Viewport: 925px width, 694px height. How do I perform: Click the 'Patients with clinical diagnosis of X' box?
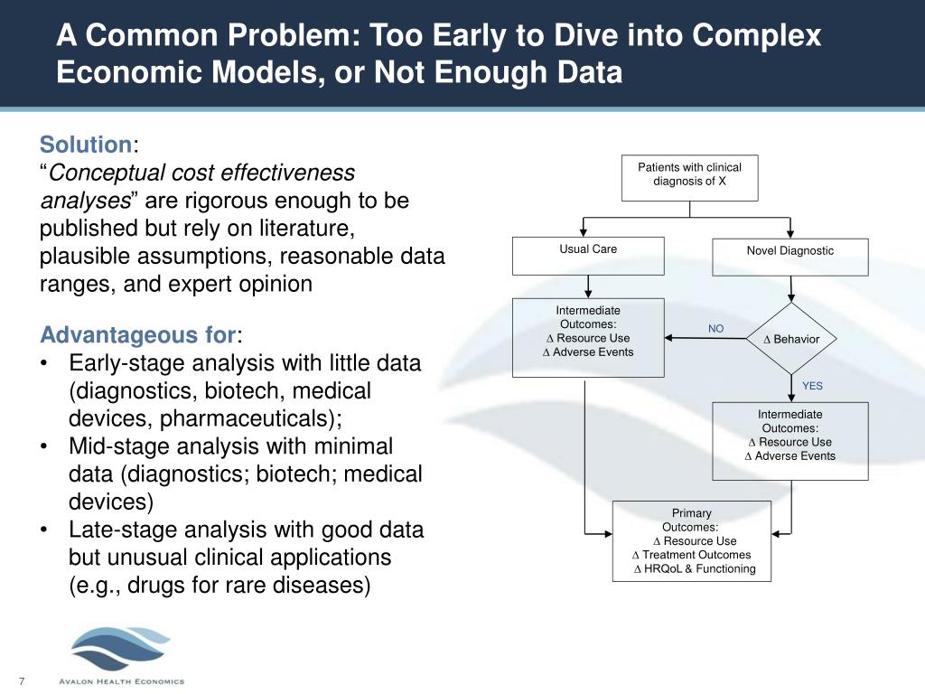point(689,177)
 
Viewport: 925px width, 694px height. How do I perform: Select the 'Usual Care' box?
point(588,256)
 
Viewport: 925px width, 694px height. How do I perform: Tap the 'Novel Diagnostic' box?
point(790,257)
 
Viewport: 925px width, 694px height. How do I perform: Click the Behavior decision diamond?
point(791,339)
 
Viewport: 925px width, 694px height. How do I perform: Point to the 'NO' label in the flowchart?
point(715,329)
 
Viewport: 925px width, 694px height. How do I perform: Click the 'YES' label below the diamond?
point(812,386)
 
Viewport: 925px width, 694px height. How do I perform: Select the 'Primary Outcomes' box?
point(691,540)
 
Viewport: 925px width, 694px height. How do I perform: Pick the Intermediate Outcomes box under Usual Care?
point(588,337)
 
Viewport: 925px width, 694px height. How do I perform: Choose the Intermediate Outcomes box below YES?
point(790,441)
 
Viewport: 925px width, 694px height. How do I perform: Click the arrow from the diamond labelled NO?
point(706,339)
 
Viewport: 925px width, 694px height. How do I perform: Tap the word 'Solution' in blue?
point(86,145)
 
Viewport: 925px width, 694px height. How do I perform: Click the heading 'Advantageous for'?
point(138,336)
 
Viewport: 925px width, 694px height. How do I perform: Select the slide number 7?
point(20,680)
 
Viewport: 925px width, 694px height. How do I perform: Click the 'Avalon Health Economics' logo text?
point(121,681)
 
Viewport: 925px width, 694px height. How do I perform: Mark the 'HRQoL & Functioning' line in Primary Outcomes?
point(695,569)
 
